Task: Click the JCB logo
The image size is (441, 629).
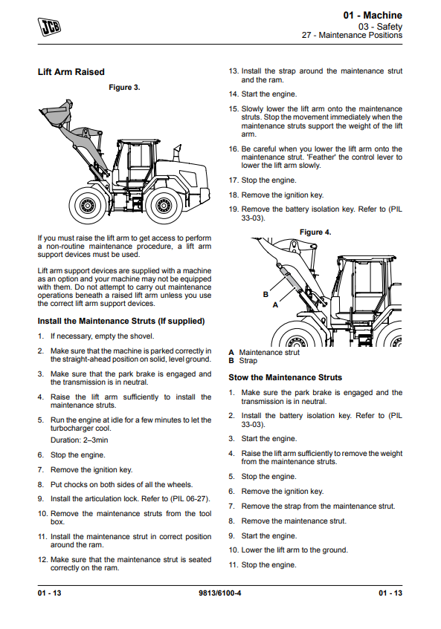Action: (x=49, y=27)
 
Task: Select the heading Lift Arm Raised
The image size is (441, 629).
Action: (x=71, y=72)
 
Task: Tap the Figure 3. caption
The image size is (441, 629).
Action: (x=124, y=88)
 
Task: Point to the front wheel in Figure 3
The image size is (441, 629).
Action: (x=87, y=205)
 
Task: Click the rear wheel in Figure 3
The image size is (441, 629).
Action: (x=164, y=205)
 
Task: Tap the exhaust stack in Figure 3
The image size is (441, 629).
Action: (x=176, y=154)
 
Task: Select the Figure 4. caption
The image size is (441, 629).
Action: (x=315, y=232)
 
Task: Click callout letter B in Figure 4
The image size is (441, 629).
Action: (x=265, y=294)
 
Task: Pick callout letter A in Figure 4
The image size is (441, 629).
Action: (x=275, y=305)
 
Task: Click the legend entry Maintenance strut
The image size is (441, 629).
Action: (x=269, y=353)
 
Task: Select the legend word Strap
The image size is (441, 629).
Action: (x=248, y=361)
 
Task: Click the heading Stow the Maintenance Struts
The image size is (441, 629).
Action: (x=285, y=377)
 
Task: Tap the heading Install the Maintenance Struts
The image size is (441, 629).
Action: (x=121, y=321)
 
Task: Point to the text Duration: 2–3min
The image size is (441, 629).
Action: (x=79, y=440)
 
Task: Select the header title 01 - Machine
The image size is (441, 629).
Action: (x=373, y=16)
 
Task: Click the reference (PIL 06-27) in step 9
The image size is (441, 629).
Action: (x=190, y=499)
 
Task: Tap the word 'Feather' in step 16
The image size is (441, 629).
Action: (x=321, y=157)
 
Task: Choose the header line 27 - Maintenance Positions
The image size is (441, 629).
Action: (x=353, y=36)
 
